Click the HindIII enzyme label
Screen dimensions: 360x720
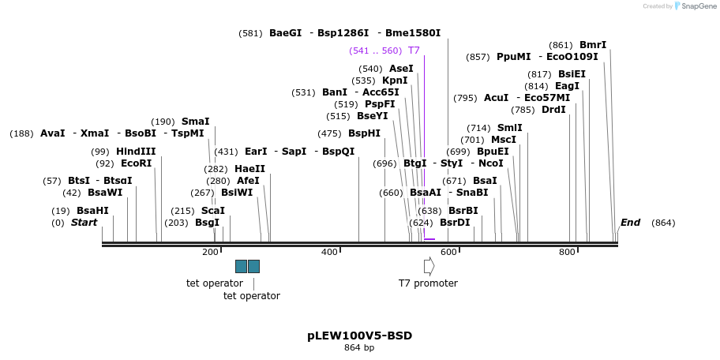pyautogui.click(x=136, y=152)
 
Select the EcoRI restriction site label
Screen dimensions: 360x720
pyautogui.click(x=136, y=163)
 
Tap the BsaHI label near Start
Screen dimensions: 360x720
pyautogui.click(x=92, y=211)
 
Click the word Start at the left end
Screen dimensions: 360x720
pyautogui.click(x=84, y=223)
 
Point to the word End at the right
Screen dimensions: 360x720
pyautogui.click(x=630, y=223)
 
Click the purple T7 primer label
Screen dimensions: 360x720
pyautogui.click(x=414, y=51)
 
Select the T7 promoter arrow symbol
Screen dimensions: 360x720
pyautogui.click(x=429, y=266)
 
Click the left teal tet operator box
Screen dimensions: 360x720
pyautogui.click(x=241, y=266)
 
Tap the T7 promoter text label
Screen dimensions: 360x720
pyautogui.click(x=428, y=283)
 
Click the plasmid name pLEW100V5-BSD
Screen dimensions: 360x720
pyautogui.click(x=359, y=336)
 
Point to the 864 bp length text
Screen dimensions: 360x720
pyautogui.click(x=359, y=347)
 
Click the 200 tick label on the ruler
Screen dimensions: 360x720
pyautogui.click(x=210, y=253)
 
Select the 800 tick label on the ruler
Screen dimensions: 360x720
pyautogui.click(x=567, y=253)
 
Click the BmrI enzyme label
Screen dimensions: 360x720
pyautogui.click(x=593, y=45)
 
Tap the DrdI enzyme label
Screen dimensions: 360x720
pyautogui.click(x=553, y=110)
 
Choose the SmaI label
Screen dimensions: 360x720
pyautogui.click(x=195, y=122)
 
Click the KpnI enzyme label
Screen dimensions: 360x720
pyautogui.click(x=395, y=81)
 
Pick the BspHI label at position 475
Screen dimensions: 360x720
pyautogui.click(x=364, y=133)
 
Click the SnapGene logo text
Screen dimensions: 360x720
pyautogui.click(x=694, y=6)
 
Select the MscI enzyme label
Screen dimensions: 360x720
pyautogui.click(x=504, y=140)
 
